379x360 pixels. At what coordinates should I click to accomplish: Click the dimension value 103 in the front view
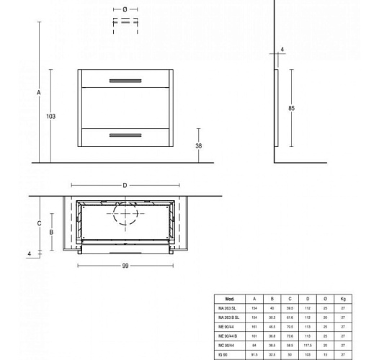tap(50, 116)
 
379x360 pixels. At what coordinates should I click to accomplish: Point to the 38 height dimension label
tap(198, 145)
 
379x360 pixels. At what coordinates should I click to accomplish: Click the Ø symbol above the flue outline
tap(125, 9)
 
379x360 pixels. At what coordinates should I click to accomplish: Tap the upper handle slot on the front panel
tap(126, 78)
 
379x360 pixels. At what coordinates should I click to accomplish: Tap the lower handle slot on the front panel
tap(126, 135)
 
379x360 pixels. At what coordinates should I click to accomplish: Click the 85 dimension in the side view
tap(290, 108)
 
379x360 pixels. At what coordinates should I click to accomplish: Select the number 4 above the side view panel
tap(282, 50)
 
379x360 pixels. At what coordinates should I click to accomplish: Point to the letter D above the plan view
tap(125, 186)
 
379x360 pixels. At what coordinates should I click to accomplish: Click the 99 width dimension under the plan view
tap(125, 266)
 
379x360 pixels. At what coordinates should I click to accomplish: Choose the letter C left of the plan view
tap(39, 223)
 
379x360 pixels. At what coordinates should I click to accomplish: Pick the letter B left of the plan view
tap(52, 232)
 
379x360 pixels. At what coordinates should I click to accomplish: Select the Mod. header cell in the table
tap(230, 298)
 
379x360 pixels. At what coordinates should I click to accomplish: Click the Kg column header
tap(343, 298)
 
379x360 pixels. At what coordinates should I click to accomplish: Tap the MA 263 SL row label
tap(228, 307)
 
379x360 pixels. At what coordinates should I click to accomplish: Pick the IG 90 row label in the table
tap(223, 354)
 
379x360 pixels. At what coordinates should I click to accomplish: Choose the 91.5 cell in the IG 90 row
tap(254, 354)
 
